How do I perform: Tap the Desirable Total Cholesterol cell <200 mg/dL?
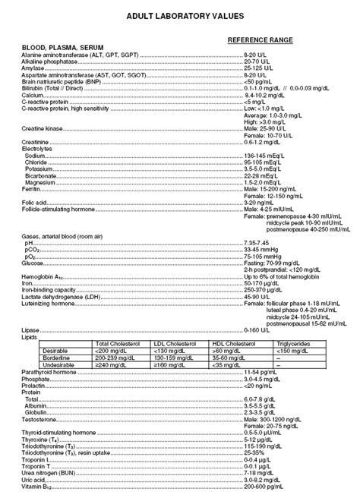tap(112, 351)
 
